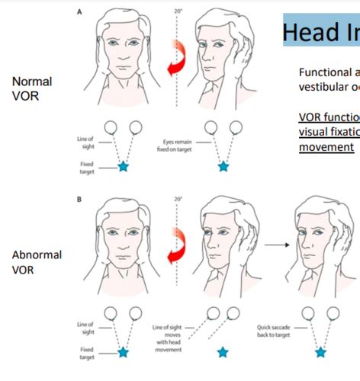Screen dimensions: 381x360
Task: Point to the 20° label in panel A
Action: coord(178,11)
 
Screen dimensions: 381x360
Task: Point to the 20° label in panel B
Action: coord(178,199)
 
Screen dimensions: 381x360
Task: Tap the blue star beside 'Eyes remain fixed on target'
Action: coord(223,165)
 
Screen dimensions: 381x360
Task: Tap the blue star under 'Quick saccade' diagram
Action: coord(320,352)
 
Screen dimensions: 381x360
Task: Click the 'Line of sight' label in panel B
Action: coord(85,328)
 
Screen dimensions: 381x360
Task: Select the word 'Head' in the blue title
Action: coord(308,33)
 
